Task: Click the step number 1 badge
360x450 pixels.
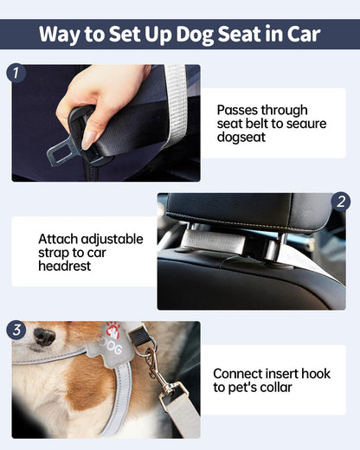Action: pos(16,73)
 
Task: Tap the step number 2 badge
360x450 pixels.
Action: pos(341,202)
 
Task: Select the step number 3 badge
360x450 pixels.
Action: pos(16,331)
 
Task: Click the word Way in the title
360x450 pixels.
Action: pos(65,35)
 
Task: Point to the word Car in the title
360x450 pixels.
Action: pos(297,35)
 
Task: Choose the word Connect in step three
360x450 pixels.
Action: pos(240,373)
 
